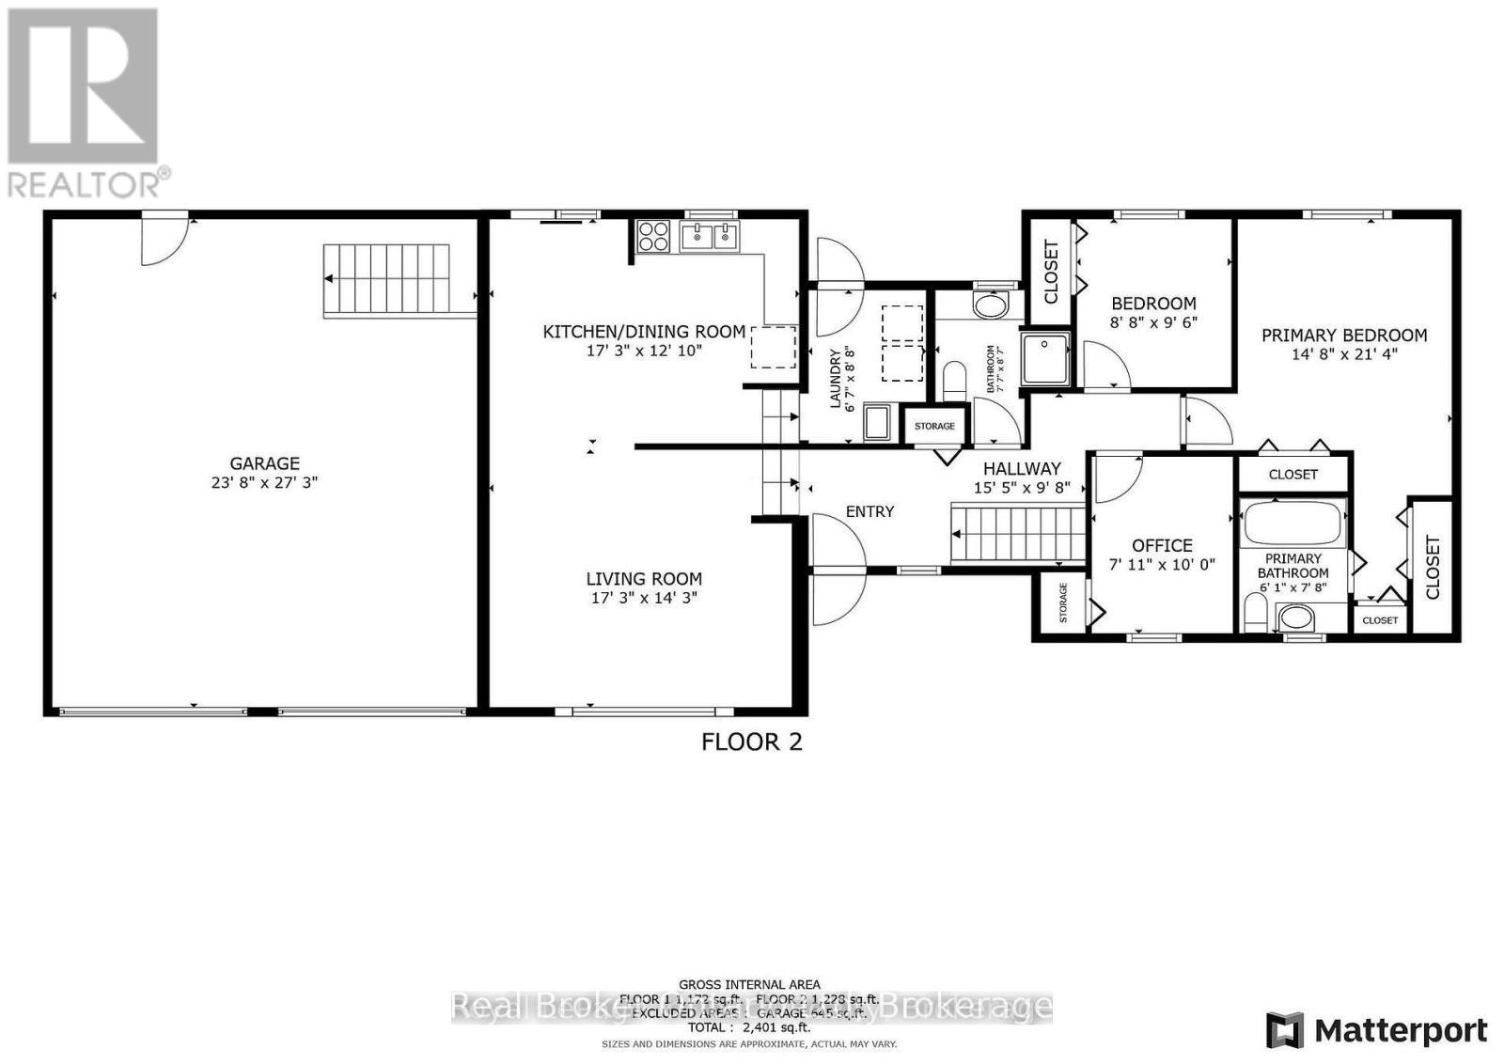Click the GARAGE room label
(265, 463)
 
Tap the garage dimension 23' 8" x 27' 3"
(265, 483)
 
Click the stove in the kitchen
(653, 236)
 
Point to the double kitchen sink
(711, 236)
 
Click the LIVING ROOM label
(644, 579)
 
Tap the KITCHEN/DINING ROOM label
(644, 332)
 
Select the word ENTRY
(869, 511)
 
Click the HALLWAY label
(1022, 468)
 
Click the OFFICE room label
(1162, 545)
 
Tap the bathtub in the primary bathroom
(1292, 524)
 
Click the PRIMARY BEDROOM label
(1344, 336)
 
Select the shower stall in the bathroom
(1046, 358)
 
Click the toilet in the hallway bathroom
(955, 381)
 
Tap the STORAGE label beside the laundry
(934, 427)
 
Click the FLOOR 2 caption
(752, 742)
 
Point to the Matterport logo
(1377, 1030)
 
